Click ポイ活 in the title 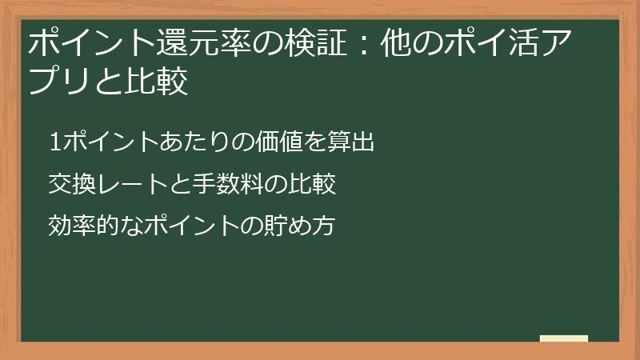click(496, 44)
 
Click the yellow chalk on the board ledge click(563, 338)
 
